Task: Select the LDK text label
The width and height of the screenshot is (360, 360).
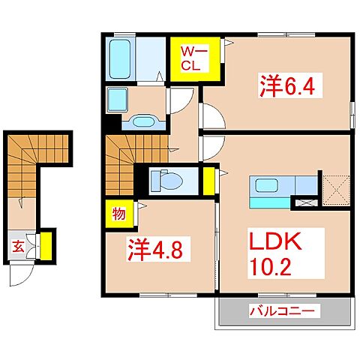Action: [x=275, y=243]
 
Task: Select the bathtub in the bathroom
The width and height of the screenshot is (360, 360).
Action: [x=120, y=56]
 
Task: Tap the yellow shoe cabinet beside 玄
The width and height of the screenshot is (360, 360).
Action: [x=46, y=245]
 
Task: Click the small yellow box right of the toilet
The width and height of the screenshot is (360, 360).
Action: [x=208, y=180]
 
